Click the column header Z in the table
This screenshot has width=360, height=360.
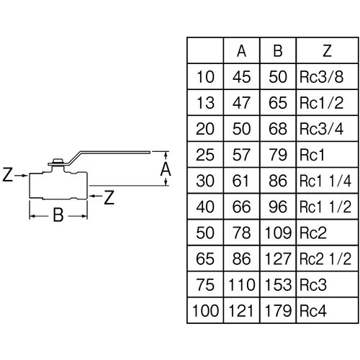point(327,51)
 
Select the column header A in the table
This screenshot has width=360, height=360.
point(241,51)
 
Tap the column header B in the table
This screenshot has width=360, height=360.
point(278,51)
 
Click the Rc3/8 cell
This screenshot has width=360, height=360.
point(321,77)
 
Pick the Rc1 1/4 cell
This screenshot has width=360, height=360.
point(325,181)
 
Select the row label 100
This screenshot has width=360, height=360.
point(205,310)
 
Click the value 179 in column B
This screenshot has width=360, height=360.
point(278,310)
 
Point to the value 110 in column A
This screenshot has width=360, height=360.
point(241,284)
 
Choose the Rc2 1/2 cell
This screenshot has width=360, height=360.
point(325,258)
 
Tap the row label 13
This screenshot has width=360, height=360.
point(205,103)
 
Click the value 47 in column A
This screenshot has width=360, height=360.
point(241,103)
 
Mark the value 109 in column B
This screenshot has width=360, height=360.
point(278,233)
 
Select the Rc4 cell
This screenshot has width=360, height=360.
point(313,310)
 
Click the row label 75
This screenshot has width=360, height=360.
point(205,284)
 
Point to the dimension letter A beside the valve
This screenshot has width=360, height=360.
point(166,169)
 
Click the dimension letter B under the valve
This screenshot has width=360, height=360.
point(58,215)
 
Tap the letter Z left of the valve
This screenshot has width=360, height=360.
point(7,174)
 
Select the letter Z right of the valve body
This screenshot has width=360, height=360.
point(109,197)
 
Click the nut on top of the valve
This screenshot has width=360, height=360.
point(58,161)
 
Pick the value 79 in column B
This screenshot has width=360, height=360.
point(278,155)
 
